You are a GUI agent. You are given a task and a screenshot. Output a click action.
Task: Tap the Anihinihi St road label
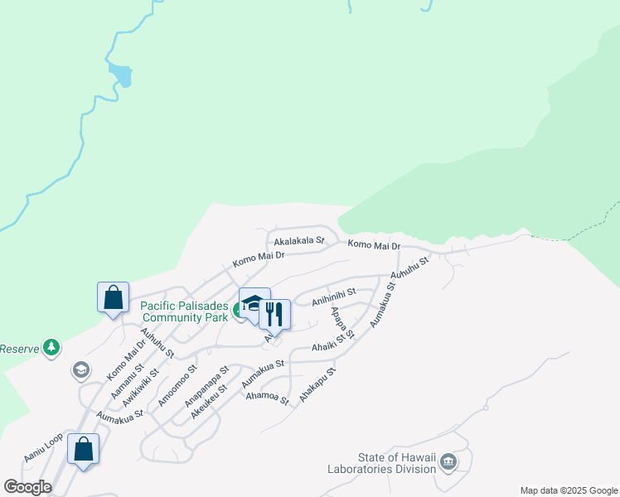pyautogui.click(x=333, y=297)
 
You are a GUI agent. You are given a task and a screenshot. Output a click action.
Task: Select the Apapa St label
pyautogui.click(x=341, y=323)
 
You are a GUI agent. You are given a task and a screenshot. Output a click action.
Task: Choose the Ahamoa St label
pyautogui.click(x=267, y=398)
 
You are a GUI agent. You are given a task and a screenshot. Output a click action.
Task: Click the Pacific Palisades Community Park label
pyautogui.click(x=183, y=311)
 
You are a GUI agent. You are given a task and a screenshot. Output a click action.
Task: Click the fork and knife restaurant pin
pyautogui.click(x=275, y=314)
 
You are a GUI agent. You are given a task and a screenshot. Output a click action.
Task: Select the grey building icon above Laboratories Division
pyautogui.click(x=448, y=461)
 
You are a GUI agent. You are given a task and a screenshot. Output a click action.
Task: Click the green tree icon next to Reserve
pyautogui.click(x=51, y=347)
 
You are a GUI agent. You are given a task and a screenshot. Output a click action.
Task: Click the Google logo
pyautogui.click(x=27, y=487)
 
